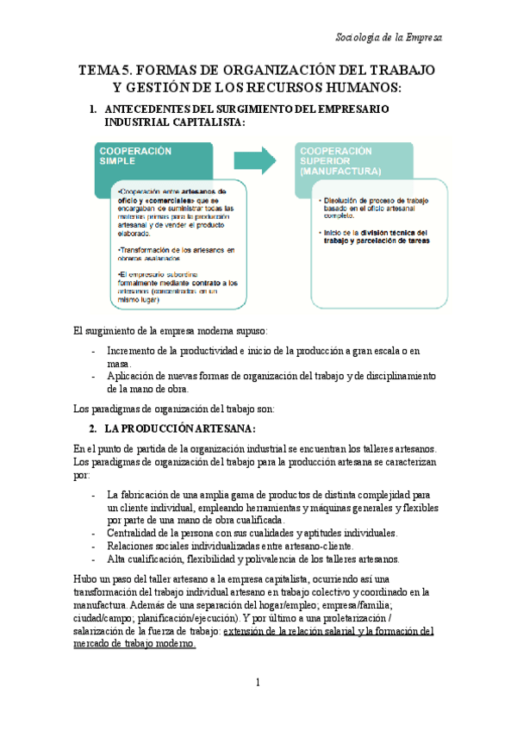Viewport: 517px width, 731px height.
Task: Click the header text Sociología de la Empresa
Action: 389,39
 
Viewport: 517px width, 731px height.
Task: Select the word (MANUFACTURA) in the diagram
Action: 340,172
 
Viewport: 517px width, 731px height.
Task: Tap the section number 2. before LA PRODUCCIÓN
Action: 93,428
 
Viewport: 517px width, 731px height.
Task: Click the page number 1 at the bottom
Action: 258,684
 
